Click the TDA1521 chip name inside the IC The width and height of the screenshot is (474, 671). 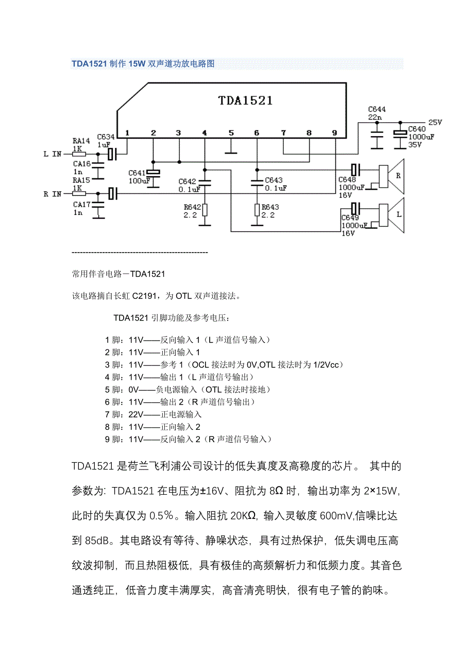[x=245, y=100]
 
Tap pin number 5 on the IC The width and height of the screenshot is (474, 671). [x=231, y=133]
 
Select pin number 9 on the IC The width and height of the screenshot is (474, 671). [x=334, y=133]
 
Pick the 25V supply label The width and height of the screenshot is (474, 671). [x=435, y=122]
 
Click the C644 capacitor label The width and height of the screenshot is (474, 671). [x=377, y=109]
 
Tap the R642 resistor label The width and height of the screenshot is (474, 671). [x=192, y=207]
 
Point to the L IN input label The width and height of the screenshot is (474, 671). [x=53, y=154]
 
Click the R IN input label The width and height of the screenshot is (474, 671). [x=53, y=194]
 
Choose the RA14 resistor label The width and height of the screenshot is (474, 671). [x=81, y=140]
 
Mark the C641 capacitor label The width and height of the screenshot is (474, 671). [x=137, y=173]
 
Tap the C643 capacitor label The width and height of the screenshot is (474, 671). [x=274, y=180]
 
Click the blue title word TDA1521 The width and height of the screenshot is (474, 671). [x=89, y=64]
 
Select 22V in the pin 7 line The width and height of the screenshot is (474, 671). [x=136, y=414]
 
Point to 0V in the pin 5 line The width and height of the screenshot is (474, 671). [x=133, y=389]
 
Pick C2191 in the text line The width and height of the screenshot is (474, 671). [x=146, y=296]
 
